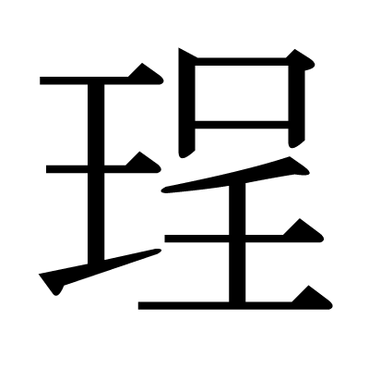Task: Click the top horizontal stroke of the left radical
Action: click(101, 80)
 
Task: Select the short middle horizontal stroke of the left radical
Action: click(103, 169)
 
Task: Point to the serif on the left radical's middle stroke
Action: click(143, 164)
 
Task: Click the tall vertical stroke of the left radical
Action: click(96, 174)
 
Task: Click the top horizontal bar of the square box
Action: click(242, 61)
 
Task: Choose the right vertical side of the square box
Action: click(297, 104)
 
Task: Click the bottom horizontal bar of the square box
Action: click(242, 125)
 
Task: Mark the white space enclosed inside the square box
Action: click(242, 93)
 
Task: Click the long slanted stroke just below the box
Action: click(235, 175)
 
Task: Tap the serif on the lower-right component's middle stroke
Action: click(303, 231)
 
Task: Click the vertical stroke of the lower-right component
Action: click(237, 243)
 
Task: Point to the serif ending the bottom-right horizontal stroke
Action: click(312, 299)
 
